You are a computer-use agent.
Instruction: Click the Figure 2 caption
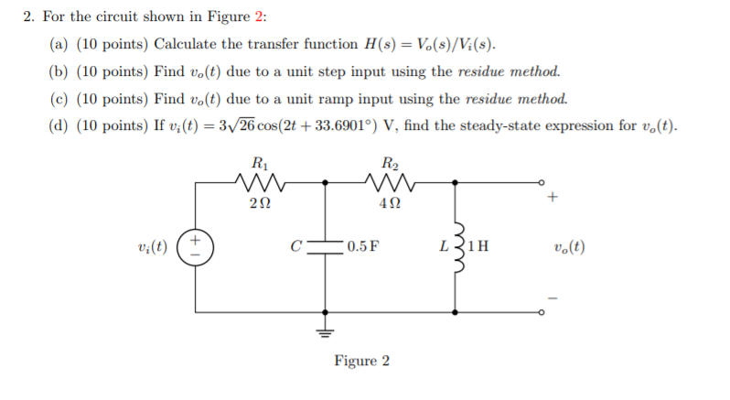[x=361, y=361]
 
